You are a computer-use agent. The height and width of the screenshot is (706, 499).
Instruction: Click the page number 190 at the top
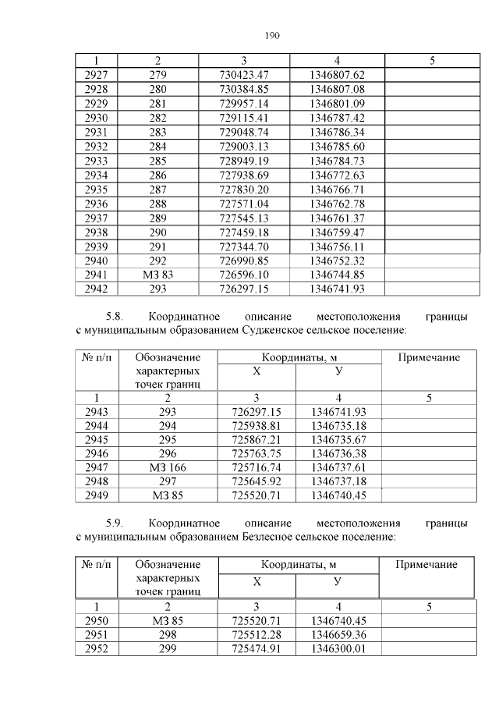point(271,36)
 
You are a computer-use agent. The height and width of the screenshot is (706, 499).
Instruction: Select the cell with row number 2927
point(95,75)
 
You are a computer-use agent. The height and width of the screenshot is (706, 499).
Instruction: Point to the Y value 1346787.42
point(337,116)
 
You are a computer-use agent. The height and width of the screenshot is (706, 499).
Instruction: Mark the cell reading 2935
point(95,189)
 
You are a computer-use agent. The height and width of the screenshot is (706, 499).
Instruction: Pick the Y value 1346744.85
point(337,275)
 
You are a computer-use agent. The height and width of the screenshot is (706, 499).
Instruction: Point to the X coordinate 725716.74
point(256,467)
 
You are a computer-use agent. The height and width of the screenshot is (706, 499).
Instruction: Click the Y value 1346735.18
point(338,425)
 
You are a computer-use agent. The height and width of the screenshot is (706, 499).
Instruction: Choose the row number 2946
point(95,453)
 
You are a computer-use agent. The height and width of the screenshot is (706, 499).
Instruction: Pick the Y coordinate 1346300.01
point(338,649)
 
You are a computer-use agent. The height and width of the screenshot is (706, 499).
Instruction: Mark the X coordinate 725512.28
point(256,635)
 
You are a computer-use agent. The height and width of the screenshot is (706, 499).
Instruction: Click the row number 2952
point(95,649)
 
